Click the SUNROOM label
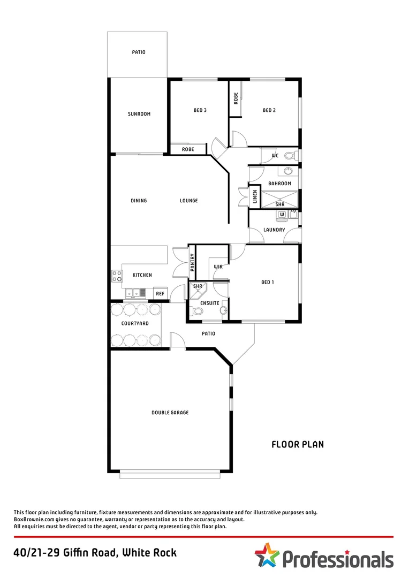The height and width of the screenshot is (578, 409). point(139,114)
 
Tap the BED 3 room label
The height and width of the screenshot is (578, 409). point(200,110)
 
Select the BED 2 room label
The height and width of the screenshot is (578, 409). point(269,110)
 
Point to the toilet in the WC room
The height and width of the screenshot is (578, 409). point(290,156)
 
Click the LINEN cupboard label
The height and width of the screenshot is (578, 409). point(255,197)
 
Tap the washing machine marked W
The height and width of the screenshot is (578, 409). point(281,215)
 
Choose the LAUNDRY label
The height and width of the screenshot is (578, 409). point(274,230)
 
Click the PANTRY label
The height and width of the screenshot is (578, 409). point(192,262)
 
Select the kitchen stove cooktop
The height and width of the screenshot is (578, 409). point(117,276)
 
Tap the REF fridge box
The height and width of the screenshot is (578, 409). point(160,294)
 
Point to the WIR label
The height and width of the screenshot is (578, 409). point(218,267)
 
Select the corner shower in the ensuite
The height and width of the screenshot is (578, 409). point(198,288)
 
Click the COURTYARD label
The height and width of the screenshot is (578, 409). point(135,324)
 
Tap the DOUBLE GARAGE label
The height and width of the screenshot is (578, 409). point(170,413)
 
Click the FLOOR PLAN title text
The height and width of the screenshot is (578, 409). point(297,444)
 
